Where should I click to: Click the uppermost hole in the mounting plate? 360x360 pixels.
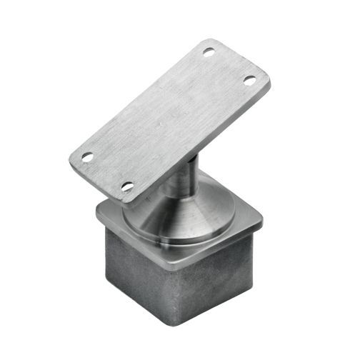click(209, 52)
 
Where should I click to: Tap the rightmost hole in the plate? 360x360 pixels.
click(249, 81)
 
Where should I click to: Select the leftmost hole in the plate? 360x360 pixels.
click(87, 156)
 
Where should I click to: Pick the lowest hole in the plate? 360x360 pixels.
click(128, 186)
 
